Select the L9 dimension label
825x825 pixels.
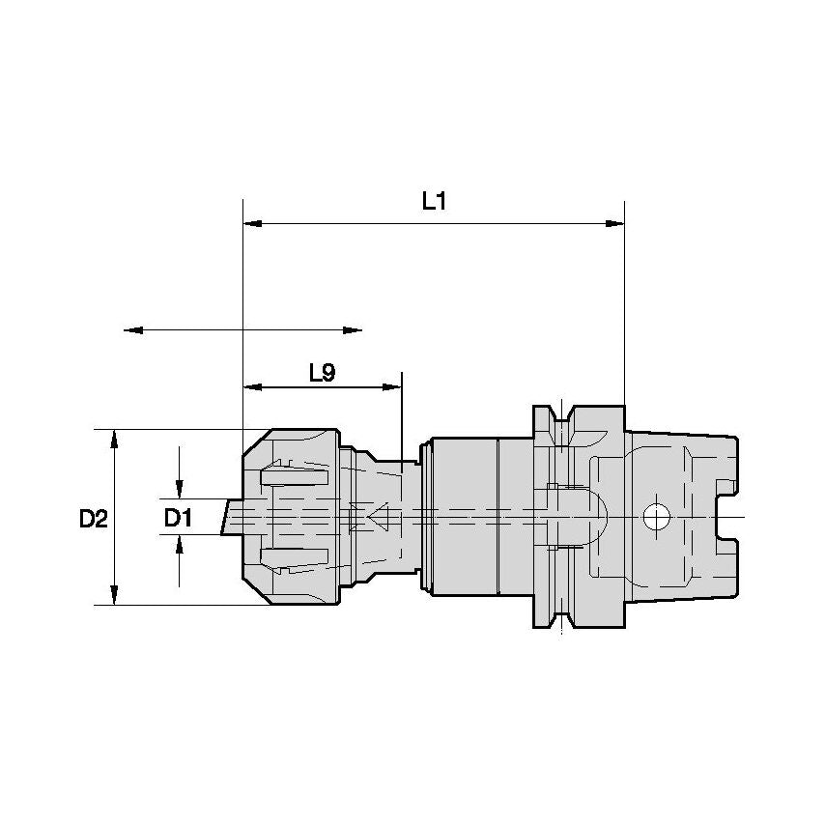[x=322, y=373]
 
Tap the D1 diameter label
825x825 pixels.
[x=178, y=518]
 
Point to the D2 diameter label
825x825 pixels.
[x=93, y=518]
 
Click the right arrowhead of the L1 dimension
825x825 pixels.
[x=614, y=223]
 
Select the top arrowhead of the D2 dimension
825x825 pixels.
[x=115, y=439]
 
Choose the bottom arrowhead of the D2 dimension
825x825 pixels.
[x=115, y=595]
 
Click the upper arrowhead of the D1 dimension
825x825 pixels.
[x=179, y=486]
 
